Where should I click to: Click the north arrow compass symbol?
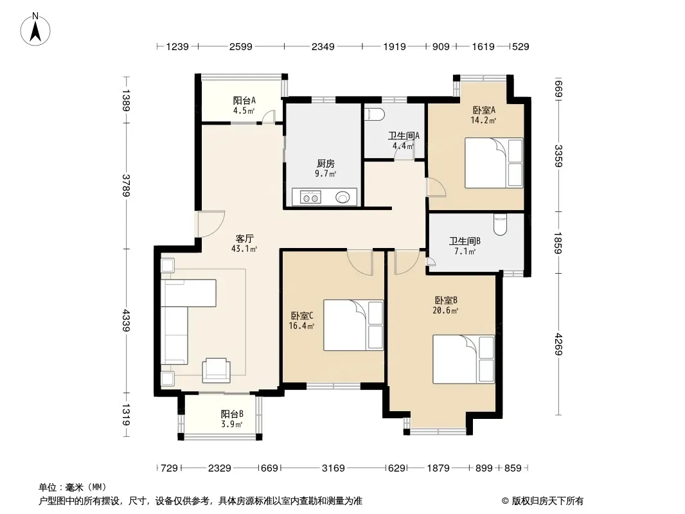(35, 30)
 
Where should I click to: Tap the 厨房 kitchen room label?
(326, 163)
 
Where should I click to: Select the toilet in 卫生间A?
(374, 114)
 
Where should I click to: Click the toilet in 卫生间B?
(500, 224)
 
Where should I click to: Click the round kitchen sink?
(343, 197)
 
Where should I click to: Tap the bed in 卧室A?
(494, 163)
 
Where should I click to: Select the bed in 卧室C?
(353, 325)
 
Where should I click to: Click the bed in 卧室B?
(463, 359)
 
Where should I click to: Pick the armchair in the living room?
(217, 370)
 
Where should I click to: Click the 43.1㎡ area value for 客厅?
(244, 249)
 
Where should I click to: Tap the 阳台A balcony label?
(244, 100)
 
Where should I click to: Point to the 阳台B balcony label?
(232, 414)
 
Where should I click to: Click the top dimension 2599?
(241, 46)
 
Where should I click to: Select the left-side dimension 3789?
(126, 186)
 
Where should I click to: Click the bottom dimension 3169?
(334, 468)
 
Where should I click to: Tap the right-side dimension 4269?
(558, 344)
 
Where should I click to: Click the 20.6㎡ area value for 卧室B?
(445, 310)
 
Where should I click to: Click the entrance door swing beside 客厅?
(211, 224)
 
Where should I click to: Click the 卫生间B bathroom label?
(465, 241)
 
